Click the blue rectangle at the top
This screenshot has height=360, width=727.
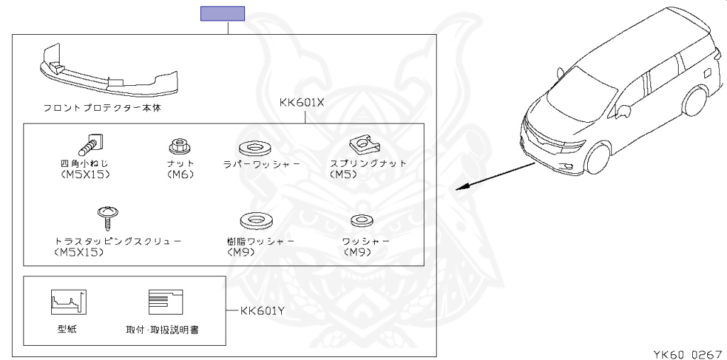pyautogui.click(x=222, y=13)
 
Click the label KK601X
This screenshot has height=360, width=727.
pyautogui.click(x=302, y=102)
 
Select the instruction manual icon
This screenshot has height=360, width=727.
pyautogui.click(x=165, y=302)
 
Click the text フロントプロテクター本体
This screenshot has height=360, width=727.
pyautogui.click(x=107, y=108)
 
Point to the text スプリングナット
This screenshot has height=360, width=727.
pyautogui.click(x=368, y=163)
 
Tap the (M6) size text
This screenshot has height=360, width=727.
pyautogui.click(x=180, y=173)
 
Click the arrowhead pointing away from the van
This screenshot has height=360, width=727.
pyautogui.click(x=461, y=188)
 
